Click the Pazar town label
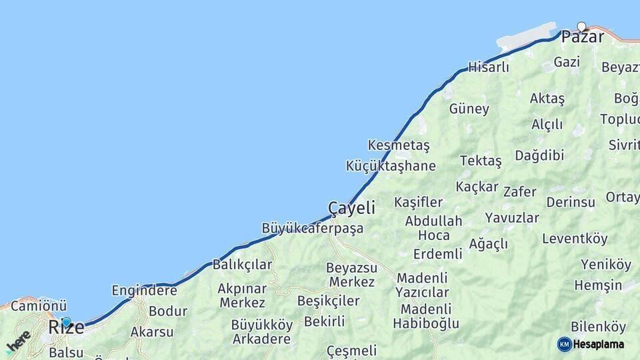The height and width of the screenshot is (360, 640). [583, 37]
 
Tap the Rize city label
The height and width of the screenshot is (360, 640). [67, 327]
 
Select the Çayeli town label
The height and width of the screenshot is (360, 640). [351, 208]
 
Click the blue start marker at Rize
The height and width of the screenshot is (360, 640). [66, 322]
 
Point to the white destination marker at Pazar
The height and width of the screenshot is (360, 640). [581, 27]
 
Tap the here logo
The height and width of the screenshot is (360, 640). [18, 341]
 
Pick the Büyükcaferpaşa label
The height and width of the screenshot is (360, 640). [313, 229]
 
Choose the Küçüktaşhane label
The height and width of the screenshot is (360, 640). [391, 166]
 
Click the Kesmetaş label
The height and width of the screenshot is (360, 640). [399, 145]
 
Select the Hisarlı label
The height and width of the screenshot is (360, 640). [489, 67]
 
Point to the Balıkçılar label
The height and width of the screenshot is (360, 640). [243, 265]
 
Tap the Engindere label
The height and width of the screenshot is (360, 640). [144, 290]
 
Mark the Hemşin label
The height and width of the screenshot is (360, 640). [598, 285]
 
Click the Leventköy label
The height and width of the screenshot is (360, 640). [575, 239]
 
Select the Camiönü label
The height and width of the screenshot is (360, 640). [39, 307]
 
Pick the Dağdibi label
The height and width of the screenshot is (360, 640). [539, 155]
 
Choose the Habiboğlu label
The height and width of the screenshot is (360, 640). [426, 324]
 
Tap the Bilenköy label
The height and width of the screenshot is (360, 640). [599, 327]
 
